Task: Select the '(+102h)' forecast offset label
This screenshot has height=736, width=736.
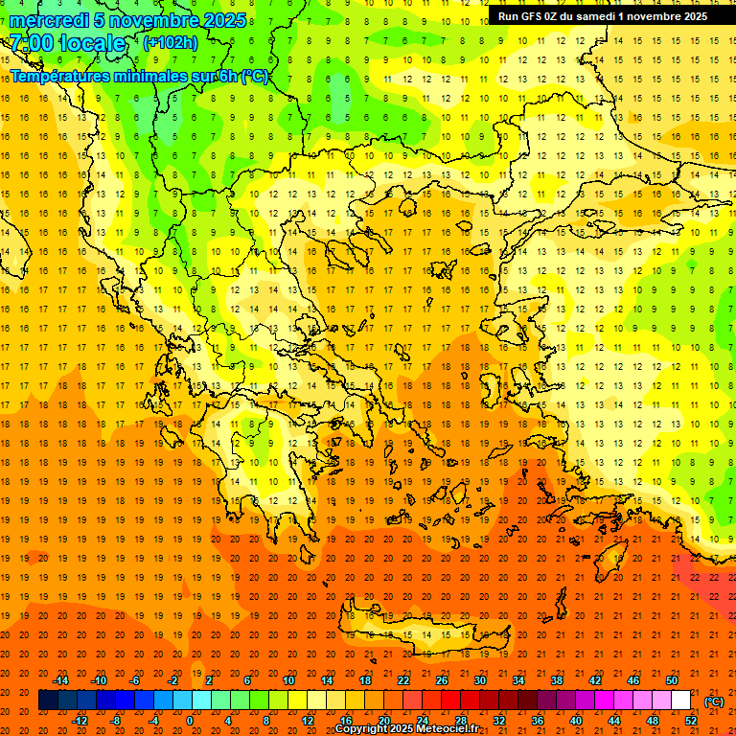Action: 171,42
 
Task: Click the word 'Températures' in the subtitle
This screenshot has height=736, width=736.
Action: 59,76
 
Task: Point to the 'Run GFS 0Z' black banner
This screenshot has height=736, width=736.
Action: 603,16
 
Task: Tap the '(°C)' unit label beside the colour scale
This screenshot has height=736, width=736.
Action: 714,701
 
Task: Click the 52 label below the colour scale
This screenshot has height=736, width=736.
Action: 691,721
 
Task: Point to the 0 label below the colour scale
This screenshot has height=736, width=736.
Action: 190,721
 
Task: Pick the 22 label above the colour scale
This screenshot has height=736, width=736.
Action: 403,680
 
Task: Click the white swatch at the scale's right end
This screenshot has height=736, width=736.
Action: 681,701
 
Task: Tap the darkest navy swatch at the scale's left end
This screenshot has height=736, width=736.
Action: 48,701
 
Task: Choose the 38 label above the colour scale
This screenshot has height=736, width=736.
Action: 556,680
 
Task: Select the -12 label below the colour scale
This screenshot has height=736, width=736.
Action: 80,721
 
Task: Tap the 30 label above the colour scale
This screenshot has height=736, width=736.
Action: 479,680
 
